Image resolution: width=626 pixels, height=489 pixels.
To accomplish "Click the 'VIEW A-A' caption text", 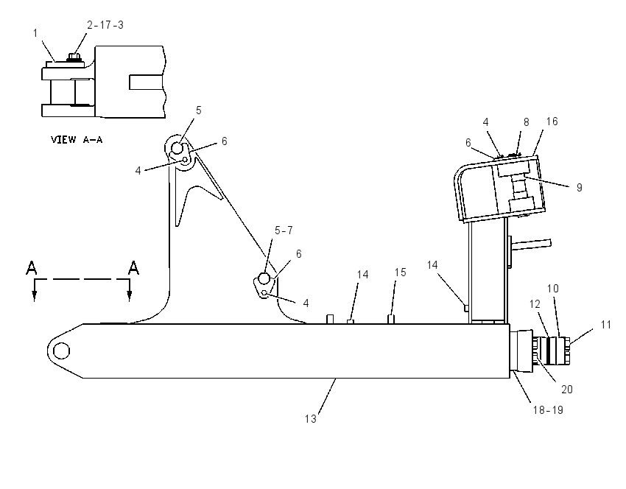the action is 77,140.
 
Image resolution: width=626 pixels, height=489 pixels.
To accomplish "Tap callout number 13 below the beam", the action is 311,419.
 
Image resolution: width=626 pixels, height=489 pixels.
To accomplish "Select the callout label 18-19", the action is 548,410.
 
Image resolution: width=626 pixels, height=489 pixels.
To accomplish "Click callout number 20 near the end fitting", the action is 567,389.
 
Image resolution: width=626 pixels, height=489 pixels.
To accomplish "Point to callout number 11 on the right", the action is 605,325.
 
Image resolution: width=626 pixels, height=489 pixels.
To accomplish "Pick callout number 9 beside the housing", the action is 580,187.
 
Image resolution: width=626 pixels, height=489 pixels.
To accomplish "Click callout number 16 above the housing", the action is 552,122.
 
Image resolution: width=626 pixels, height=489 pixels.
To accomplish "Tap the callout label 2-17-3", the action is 105,25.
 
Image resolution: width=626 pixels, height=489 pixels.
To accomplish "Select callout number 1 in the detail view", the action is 35,32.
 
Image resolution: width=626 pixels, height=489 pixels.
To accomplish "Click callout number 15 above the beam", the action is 401,272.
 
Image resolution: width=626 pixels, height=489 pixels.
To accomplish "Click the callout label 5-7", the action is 284,231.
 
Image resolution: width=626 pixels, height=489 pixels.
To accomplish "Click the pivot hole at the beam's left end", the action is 61,351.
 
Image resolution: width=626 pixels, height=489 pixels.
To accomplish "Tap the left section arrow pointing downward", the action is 35,290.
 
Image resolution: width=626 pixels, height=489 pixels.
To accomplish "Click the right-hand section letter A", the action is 133,268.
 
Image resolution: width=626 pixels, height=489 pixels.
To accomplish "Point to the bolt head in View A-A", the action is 72,57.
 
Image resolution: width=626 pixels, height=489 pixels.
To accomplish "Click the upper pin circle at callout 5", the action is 177,149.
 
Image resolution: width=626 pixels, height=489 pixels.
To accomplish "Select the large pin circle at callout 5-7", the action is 264,278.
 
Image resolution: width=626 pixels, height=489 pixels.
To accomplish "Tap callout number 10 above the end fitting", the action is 553,288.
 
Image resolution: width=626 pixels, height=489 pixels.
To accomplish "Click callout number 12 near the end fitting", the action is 535,303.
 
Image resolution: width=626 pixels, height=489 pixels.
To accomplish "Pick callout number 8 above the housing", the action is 526,122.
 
